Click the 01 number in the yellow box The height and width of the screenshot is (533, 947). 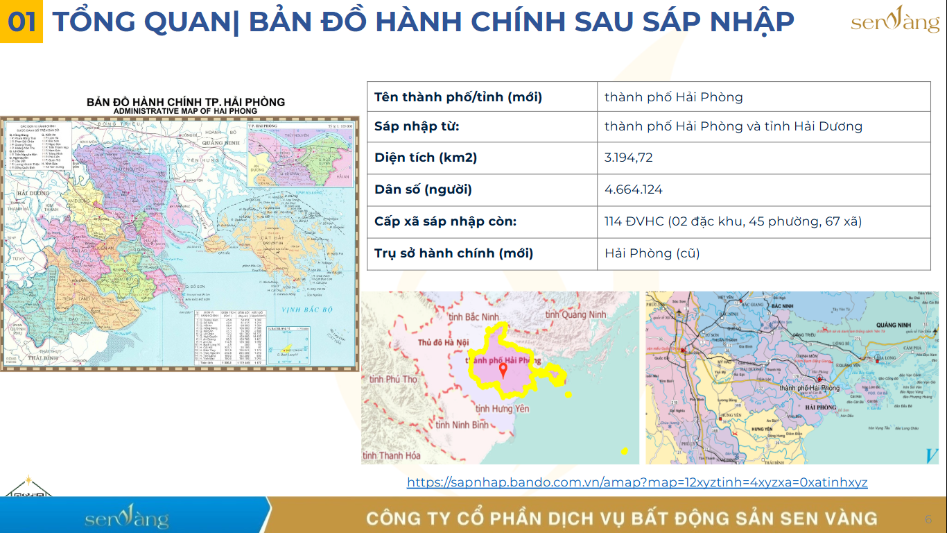pyautogui.click(x=21, y=22)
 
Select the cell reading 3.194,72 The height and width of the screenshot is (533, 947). pyautogui.click(x=628, y=158)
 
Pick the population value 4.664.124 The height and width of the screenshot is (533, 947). pyautogui.click(x=633, y=189)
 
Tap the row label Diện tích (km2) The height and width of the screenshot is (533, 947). pyautogui.click(x=426, y=158)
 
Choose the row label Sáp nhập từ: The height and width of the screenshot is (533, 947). pyautogui.click(x=417, y=126)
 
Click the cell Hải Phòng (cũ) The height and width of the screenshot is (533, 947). pyautogui.click(x=652, y=253)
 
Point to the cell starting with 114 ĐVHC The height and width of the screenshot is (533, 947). pyautogui.click(x=733, y=221)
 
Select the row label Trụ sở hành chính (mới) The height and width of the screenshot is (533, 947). pyautogui.click(x=453, y=253)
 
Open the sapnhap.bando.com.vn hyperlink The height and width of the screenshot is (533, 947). pyautogui.click(x=636, y=482)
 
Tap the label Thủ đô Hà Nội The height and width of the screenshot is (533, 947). pyautogui.click(x=444, y=343)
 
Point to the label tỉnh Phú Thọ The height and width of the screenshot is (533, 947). pyautogui.click(x=393, y=379)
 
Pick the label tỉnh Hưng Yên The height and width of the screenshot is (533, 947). pyautogui.click(x=502, y=409)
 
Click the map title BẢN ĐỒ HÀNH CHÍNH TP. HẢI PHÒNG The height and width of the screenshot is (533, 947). pyautogui.click(x=185, y=102)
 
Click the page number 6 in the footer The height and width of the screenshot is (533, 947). pyautogui.click(x=928, y=519)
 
